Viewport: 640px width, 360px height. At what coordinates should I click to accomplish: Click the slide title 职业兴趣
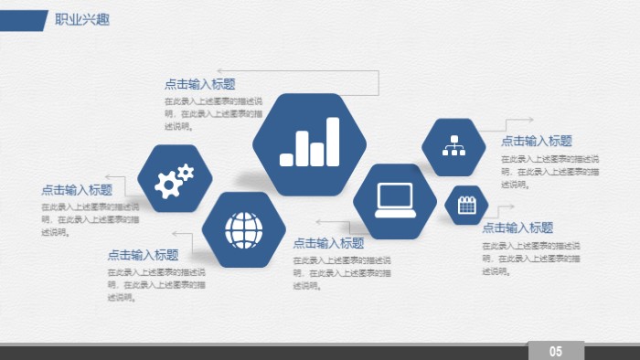(81, 19)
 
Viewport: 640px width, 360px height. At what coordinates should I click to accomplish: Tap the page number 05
(555, 352)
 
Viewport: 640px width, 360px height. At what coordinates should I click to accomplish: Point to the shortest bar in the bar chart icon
(287, 159)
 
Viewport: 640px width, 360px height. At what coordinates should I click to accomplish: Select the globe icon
(242, 229)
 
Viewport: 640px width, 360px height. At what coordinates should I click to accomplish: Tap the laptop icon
(395, 198)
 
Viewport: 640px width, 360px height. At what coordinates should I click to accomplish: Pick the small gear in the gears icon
(186, 171)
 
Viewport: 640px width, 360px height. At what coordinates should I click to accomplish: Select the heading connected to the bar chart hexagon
(199, 84)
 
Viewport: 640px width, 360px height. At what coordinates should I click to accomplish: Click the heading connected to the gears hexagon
(77, 190)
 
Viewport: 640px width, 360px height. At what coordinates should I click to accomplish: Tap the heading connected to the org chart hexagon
(537, 141)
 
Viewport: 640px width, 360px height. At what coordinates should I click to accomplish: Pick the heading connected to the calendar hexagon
(517, 228)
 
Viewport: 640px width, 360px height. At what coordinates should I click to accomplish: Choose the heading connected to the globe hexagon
(143, 255)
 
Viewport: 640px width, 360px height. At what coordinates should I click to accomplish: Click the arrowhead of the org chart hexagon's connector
(531, 119)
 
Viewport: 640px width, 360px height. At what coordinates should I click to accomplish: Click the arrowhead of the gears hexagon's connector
(108, 176)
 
